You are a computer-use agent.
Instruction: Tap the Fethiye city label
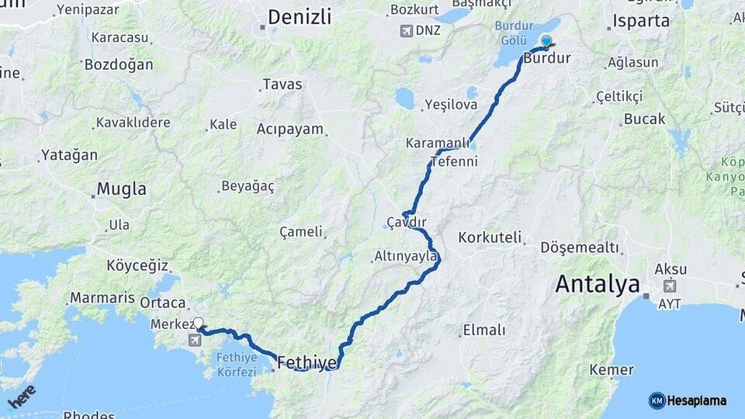click(x=307, y=362)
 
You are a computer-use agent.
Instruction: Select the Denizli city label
click(x=299, y=16)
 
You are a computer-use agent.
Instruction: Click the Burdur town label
click(x=547, y=58)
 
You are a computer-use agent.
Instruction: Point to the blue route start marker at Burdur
click(x=546, y=41)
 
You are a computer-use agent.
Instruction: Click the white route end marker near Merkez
click(x=199, y=323)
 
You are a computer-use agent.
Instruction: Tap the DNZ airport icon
click(x=405, y=30)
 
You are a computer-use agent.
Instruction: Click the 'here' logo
click(x=21, y=397)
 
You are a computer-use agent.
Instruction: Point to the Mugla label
click(x=122, y=189)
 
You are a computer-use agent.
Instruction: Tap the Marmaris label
click(x=102, y=297)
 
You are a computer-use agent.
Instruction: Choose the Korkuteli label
click(x=490, y=237)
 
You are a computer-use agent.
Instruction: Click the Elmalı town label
click(x=483, y=330)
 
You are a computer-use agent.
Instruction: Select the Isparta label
click(x=641, y=21)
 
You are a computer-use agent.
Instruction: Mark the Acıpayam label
click(x=289, y=129)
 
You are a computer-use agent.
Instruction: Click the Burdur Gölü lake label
click(x=512, y=33)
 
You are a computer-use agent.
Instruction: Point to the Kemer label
click(x=612, y=369)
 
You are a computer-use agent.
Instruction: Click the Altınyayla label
click(x=406, y=255)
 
